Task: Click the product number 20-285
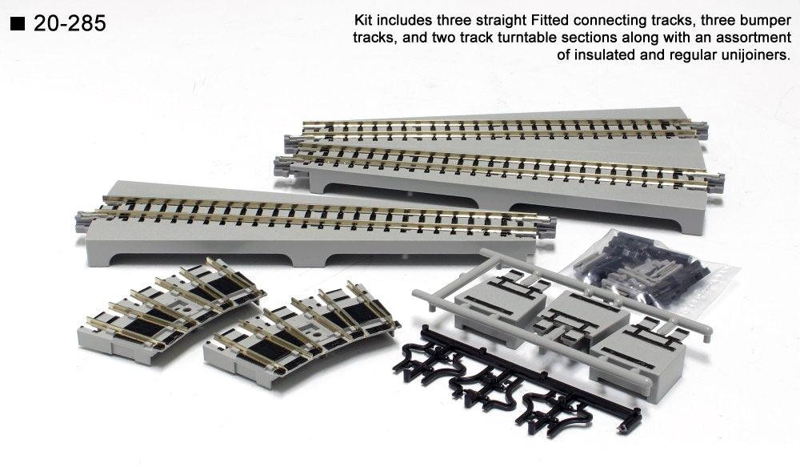click(70, 24)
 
